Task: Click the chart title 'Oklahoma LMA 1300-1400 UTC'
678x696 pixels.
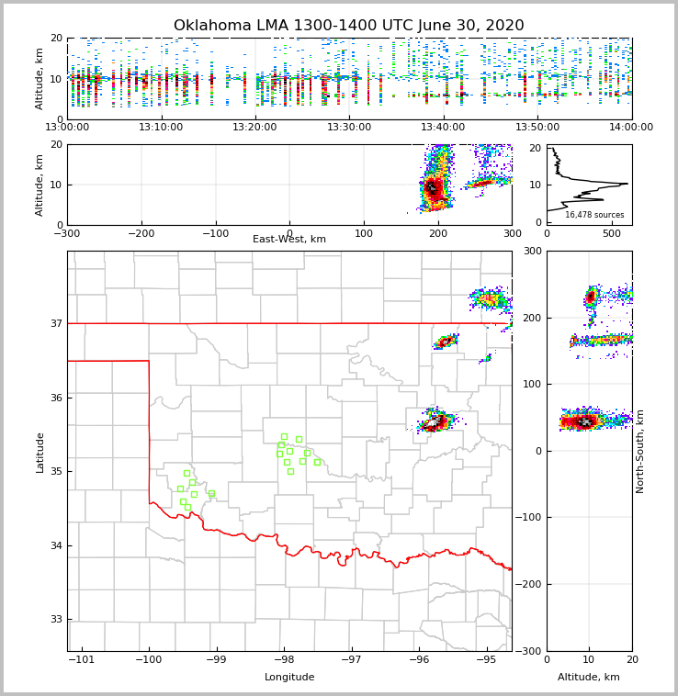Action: (348, 26)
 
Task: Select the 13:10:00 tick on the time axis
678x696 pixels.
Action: (161, 128)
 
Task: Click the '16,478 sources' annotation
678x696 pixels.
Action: (594, 215)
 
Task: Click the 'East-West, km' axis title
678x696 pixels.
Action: (289, 240)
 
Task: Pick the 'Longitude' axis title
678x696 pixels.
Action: (289, 678)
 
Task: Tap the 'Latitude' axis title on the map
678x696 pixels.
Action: (40, 452)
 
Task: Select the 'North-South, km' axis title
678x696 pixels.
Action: (640, 452)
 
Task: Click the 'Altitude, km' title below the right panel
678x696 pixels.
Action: (589, 678)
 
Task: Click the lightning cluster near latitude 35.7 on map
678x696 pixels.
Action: (435, 422)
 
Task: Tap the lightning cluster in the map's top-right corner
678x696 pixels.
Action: (489, 299)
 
